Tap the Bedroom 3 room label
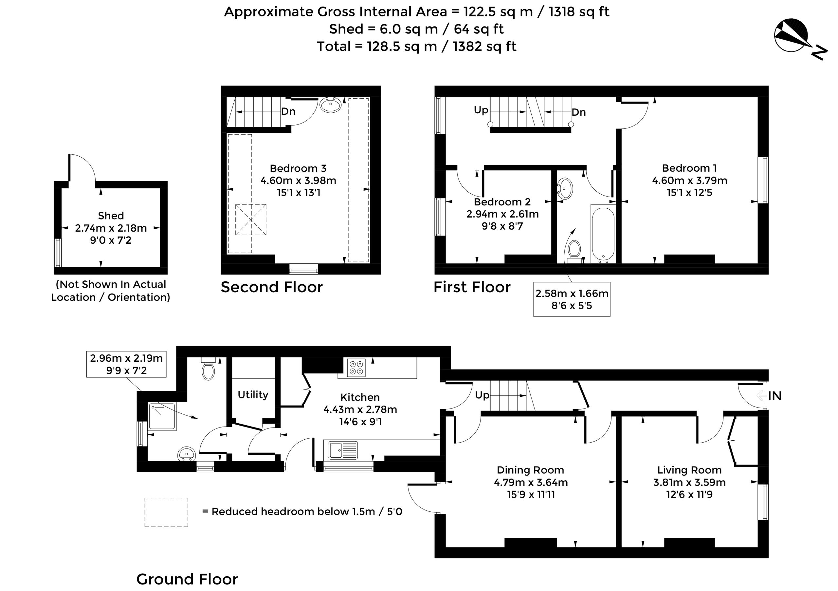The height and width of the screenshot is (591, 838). click(298, 168)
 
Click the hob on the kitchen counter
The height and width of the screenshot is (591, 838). click(356, 368)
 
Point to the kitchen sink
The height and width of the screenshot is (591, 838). click(343, 450)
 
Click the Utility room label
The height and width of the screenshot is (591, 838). click(253, 394)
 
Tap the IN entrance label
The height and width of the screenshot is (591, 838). click(774, 396)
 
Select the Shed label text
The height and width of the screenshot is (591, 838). click(111, 216)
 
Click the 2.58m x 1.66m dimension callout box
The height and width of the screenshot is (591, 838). click(572, 299)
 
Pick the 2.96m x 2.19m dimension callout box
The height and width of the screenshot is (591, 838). click(126, 364)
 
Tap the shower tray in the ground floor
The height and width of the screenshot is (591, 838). click(162, 416)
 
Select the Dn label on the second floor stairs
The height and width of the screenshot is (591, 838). click(288, 111)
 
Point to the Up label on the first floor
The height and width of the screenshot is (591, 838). click(481, 110)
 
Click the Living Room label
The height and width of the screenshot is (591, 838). click(689, 470)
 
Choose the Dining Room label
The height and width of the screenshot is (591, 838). click(530, 470)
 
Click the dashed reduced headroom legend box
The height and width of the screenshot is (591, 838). click(166, 512)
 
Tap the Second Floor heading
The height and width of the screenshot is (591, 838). click(272, 287)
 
